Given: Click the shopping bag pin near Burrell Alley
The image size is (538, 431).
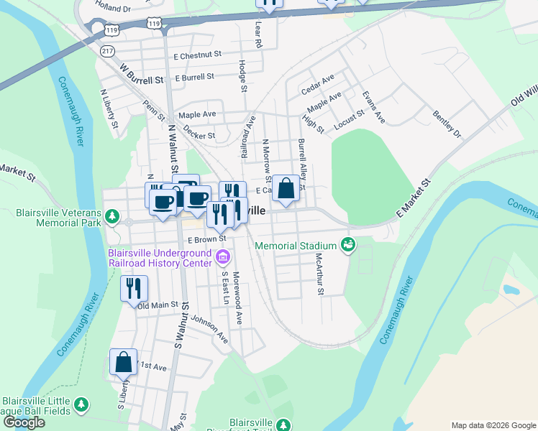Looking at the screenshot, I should pyautogui.click(x=286, y=189).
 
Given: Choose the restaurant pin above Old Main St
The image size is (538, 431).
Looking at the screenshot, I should pyautogui.click(x=134, y=289).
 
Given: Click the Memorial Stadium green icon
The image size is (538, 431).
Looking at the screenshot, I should pyautogui.click(x=348, y=246).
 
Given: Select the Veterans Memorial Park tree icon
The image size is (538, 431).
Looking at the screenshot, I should pyautogui.click(x=112, y=216).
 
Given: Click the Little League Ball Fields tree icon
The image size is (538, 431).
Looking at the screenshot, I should pyautogui.click(x=82, y=406).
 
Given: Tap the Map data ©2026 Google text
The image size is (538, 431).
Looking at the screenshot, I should pyautogui.click(x=493, y=425).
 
